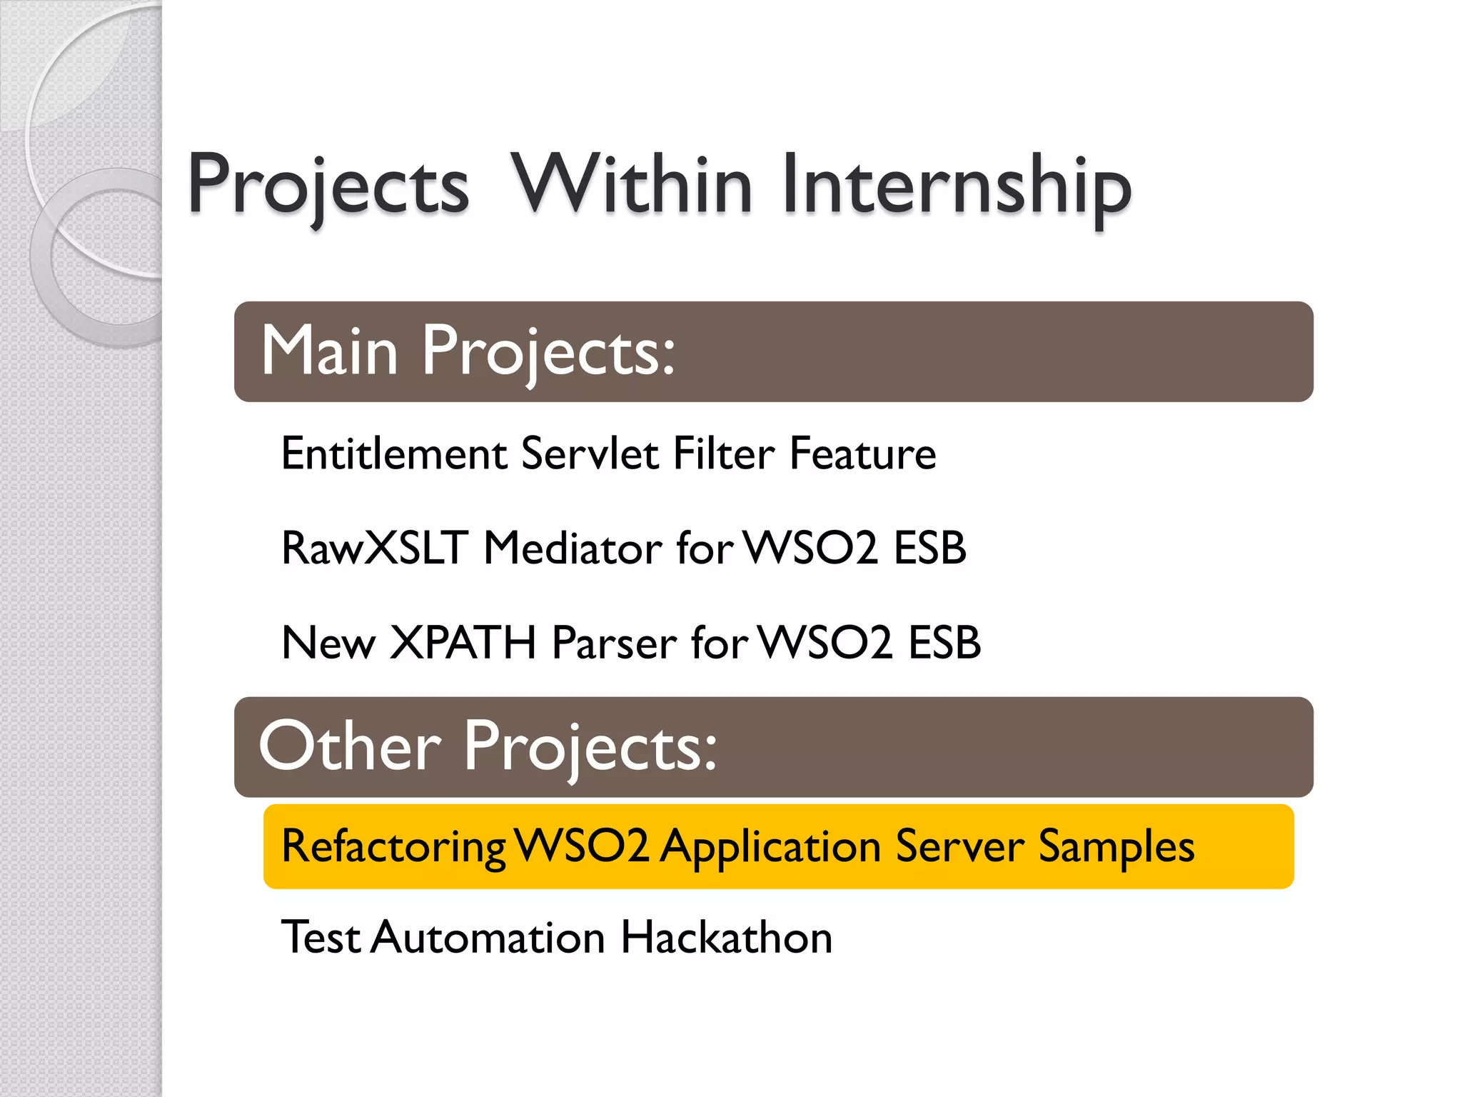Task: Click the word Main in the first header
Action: click(329, 351)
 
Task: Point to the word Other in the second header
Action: click(350, 746)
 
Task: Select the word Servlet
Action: click(590, 454)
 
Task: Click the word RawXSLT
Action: click(375, 548)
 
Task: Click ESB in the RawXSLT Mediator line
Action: click(929, 548)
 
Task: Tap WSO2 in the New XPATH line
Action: click(825, 643)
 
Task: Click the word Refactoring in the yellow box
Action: click(394, 848)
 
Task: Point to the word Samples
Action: click(1116, 848)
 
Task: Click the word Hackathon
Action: click(726, 937)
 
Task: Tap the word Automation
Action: click(488, 937)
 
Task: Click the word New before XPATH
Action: click(328, 643)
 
